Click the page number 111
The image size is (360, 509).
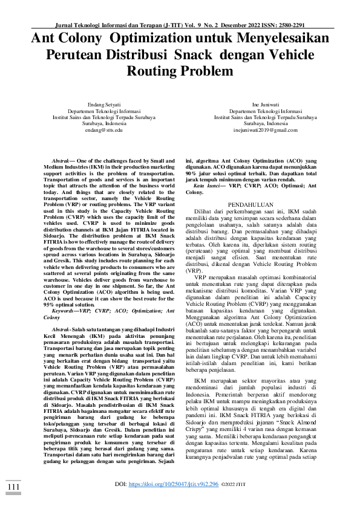coord(13,487)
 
